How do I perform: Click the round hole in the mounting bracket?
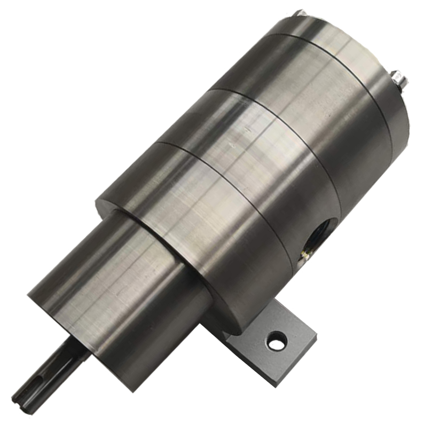point(277,341)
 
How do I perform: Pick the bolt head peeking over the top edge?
point(301,12)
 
